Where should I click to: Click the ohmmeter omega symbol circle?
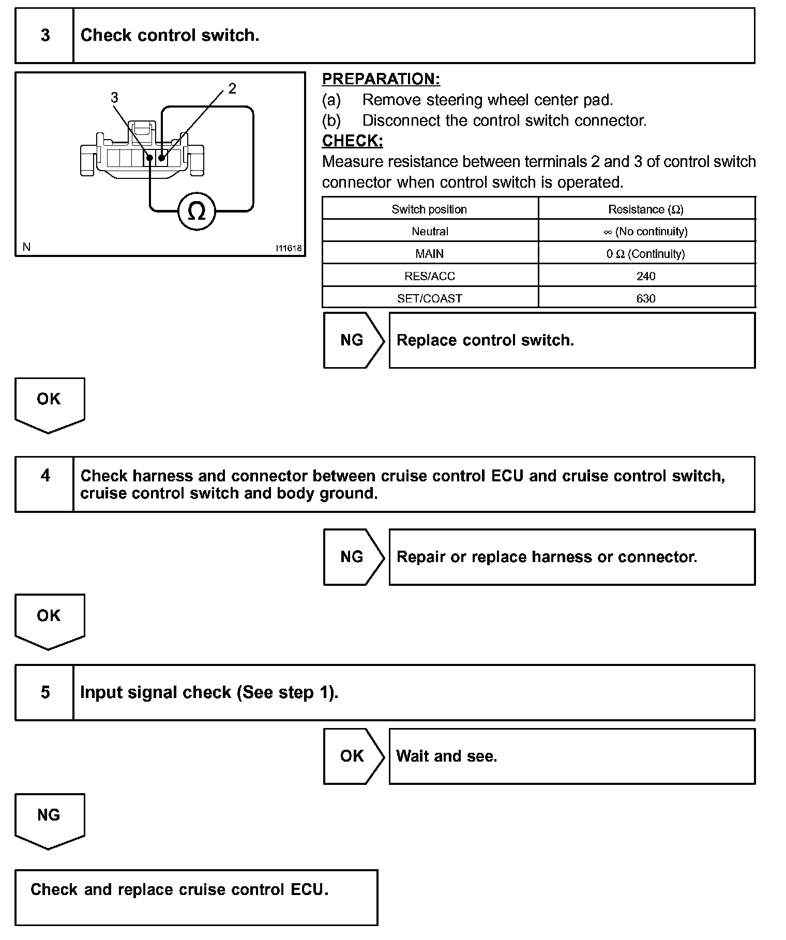[196, 211]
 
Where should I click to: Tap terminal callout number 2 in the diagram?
[232, 88]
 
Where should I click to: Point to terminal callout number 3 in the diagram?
[114, 97]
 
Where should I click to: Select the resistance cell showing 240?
[646, 276]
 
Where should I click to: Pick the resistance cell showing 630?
[646, 298]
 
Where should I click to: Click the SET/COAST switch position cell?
[429, 298]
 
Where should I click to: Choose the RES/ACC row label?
[429, 276]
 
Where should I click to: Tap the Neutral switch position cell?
[429, 232]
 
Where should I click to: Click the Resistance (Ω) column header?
[646, 209]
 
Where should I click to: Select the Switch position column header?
[429, 209]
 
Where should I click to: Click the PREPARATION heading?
[381, 79]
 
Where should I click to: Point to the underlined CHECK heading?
[353, 141]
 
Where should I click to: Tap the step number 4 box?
[45, 476]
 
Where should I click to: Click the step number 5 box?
[45, 692]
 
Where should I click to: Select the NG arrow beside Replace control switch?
[352, 340]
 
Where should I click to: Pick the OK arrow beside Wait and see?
[352, 756]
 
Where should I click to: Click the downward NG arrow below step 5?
[49, 817]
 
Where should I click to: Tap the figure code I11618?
[289, 248]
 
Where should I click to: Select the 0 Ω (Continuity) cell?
[646, 254]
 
